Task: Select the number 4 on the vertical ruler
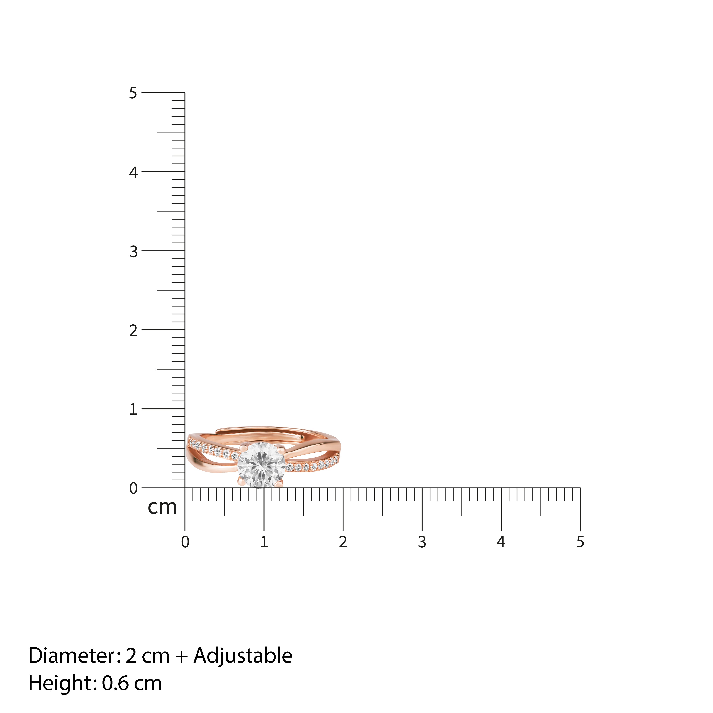point(133,172)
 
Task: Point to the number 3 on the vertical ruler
point(133,251)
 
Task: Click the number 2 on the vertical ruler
point(133,330)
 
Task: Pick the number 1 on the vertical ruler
point(133,409)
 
